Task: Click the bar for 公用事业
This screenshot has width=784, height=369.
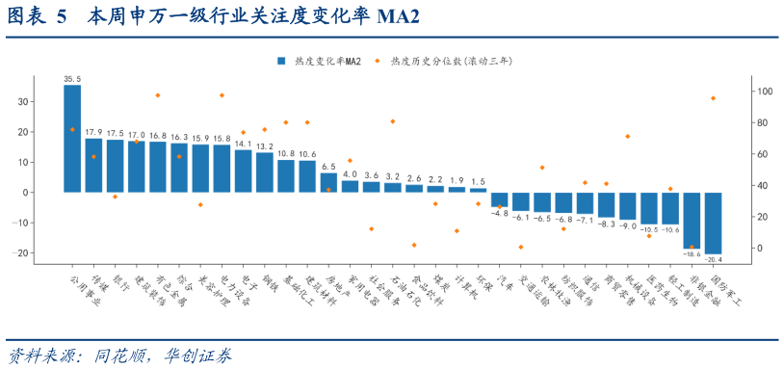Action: pyautogui.click(x=72, y=138)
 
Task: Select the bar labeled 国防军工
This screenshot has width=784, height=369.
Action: pyautogui.click(x=714, y=223)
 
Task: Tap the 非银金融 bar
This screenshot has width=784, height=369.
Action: pyautogui.click(x=692, y=220)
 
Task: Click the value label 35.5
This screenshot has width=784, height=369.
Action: pyautogui.click(x=72, y=79)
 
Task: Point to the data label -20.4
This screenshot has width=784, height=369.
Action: pyautogui.click(x=714, y=259)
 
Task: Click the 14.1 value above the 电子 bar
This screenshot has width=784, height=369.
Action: pyautogui.click(x=244, y=145)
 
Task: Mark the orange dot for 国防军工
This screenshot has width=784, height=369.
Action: pyautogui.click(x=713, y=98)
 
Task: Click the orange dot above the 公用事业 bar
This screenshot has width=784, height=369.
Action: pyautogui.click(x=72, y=129)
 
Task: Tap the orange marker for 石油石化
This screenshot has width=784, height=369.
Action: pyautogui.click(x=393, y=121)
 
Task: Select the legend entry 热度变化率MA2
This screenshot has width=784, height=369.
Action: pyautogui.click(x=320, y=61)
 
